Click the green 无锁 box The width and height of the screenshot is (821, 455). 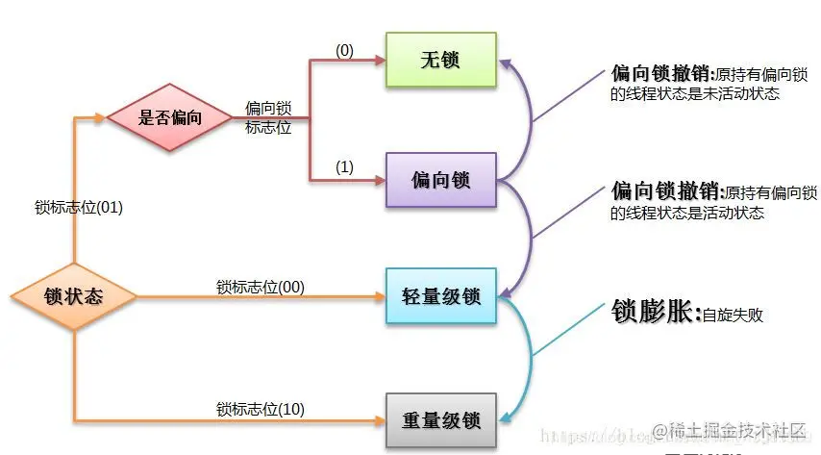(440, 60)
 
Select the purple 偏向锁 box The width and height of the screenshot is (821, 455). (440, 180)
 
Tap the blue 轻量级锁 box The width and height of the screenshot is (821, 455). (440, 296)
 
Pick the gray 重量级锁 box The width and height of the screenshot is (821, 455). (440, 421)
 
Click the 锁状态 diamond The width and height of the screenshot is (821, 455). (74, 297)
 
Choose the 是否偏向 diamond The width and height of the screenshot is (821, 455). (170, 118)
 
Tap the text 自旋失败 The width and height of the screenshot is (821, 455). (733, 315)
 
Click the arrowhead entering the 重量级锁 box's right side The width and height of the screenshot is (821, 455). (502, 418)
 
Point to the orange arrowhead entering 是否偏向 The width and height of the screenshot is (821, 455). (102, 118)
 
